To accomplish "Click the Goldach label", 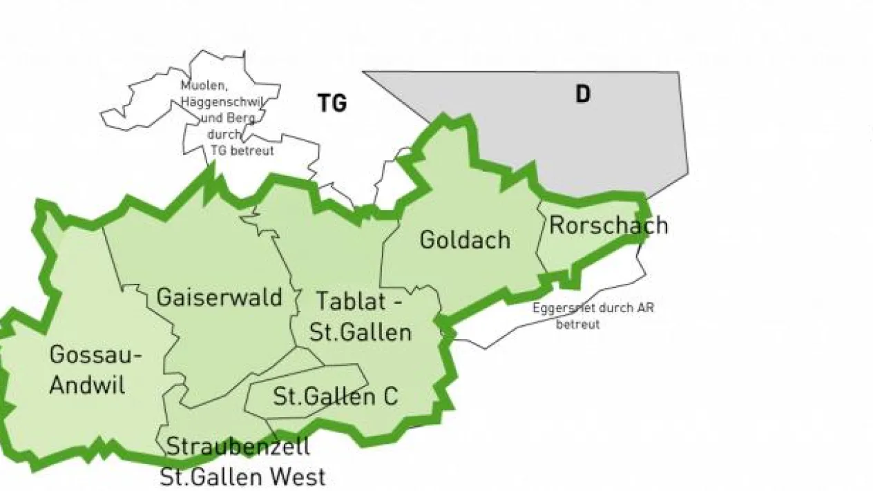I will (x=465, y=240).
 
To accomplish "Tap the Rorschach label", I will (x=608, y=225).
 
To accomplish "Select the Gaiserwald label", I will (x=220, y=298).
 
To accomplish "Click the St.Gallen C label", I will (x=336, y=396).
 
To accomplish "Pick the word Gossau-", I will (x=96, y=356).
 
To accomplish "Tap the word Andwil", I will (x=87, y=385).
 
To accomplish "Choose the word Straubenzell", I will (x=238, y=446).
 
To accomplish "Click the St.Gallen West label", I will (x=242, y=476).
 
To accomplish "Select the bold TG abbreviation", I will (x=332, y=104).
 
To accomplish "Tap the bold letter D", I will (x=583, y=95).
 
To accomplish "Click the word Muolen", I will (x=200, y=87).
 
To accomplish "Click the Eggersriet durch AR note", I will (x=593, y=308).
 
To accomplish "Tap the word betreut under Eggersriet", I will (x=577, y=324).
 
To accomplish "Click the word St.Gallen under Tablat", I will (x=360, y=332).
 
